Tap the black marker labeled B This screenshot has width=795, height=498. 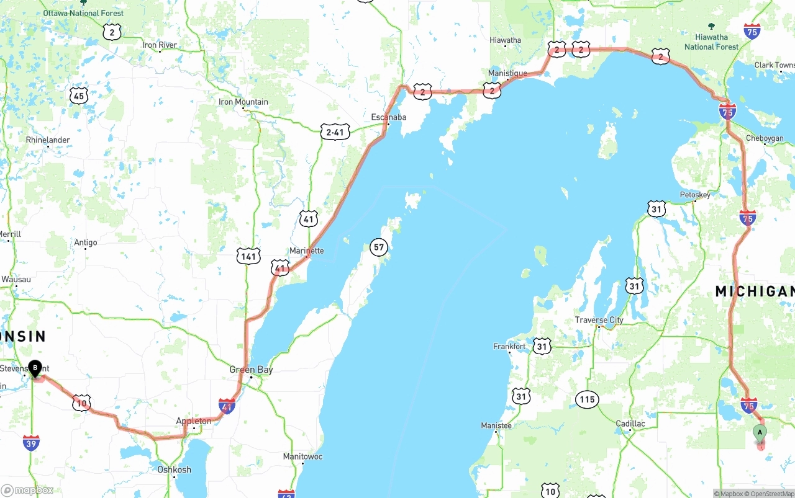pyautogui.click(x=35, y=368)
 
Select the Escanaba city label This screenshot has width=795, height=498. pyautogui.click(x=389, y=117)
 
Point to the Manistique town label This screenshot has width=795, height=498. pyautogui.click(x=507, y=73)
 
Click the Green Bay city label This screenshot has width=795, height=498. pyautogui.click(x=251, y=370)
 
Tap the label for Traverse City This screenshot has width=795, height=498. pyautogui.click(x=599, y=320)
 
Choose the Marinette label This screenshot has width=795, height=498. pyautogui.click(x=307, y=251)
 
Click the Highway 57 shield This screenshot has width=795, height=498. pyautogui.click(x=379, y=247)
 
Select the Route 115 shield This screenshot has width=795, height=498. pyautogui.click(x=587, y=399)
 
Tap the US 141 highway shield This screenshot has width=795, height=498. pyautogui.click(x=248, y=256)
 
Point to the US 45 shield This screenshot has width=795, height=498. pyautogui.click(x=78, y=96)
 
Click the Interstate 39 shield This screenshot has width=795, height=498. pyautogui.click(x=31, y=442)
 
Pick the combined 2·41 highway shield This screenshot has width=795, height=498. pyautogui.click(x=335, y=131)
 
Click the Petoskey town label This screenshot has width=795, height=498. pyautogui.click(x=695, y=195)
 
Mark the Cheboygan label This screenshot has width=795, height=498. pyautogui.click(x=765, y=138)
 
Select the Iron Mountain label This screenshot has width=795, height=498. pyautogui.click(x=243, y=102)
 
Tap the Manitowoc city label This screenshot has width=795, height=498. pyautogui.click(x=302, y=456)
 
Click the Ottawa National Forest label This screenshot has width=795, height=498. pyautogui.click(x=83, y=13)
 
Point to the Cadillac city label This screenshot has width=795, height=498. pyautogui.click(x=630, y=424)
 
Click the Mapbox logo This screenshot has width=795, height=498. pyautogui.click(x=27, y=491)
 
